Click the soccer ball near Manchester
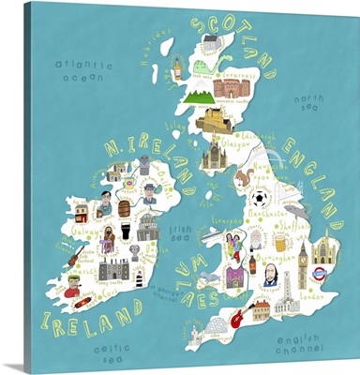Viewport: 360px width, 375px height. coord(261,200)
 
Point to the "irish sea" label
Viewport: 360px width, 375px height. coord(180,232)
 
